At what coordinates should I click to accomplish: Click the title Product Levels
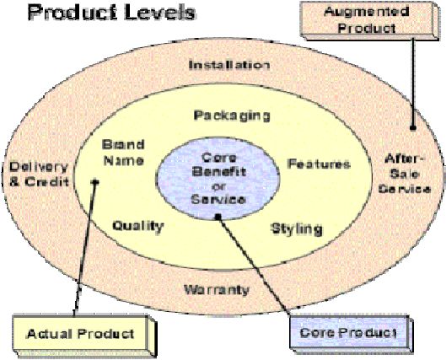pos(111,13)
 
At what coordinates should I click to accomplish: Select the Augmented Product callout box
pos(369,20)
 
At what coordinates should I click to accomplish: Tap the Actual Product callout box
pos(84,335)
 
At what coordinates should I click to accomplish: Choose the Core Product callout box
pos(351,334)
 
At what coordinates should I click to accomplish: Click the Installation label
pos(229,65)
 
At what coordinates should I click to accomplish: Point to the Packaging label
pos(232,116)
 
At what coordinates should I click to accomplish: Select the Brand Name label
pos(123,153)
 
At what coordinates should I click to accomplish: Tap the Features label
pos(319,164)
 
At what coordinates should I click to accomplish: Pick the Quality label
pos(138,227)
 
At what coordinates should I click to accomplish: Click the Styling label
pos(297,229)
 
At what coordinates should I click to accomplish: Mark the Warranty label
pos(217,290)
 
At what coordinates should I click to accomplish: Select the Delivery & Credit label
pos(40,174)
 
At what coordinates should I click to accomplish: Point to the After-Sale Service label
pos(405,174)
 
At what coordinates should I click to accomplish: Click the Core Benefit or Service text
pos(218,179)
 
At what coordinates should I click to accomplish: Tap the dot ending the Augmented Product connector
pos(413,127)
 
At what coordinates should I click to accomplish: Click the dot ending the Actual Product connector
pos(95,181)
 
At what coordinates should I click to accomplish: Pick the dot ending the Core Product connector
pos(218,217)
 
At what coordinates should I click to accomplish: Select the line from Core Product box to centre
pos(255,266)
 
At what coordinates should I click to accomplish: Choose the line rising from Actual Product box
pos(85,248)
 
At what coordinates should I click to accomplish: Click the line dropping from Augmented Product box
pos(413,83)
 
